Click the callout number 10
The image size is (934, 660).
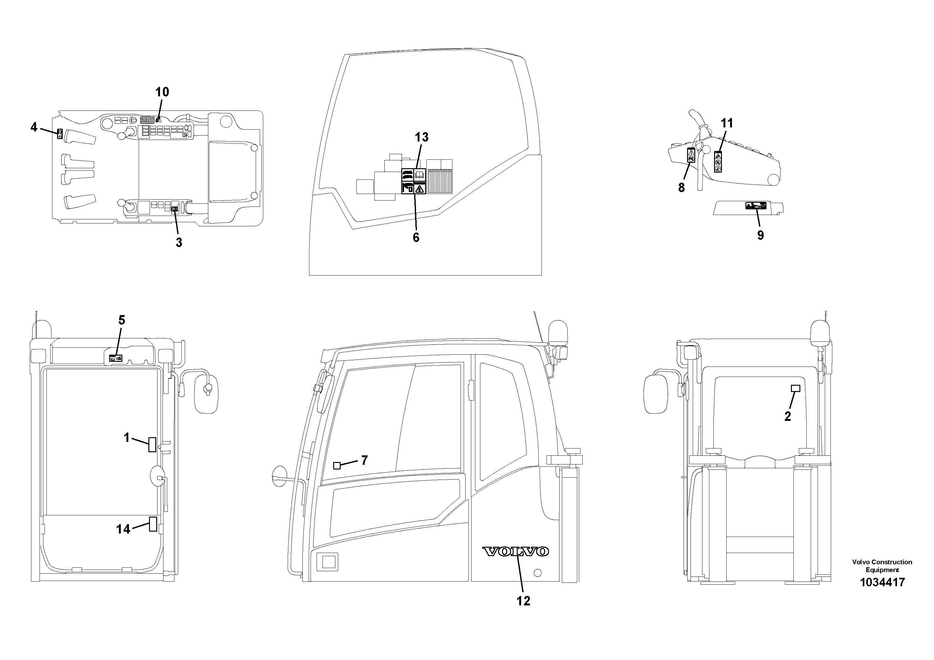(x=162, y=92)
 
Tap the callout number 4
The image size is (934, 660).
(x=34, y=127)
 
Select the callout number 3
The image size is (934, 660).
(x=179, y=243)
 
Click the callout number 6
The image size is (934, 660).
(x=416, y=238)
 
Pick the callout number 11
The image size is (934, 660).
(x=727, y=123)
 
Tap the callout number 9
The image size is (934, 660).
(x=760, y=235)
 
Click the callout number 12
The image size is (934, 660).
(x=523, y=601)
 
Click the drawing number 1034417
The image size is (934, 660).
(x=882, y=582)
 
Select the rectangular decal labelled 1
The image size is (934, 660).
(x=152, y=444)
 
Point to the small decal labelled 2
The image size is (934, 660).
(x=795, y=389)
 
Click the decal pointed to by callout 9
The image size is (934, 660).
(x=756, y=206)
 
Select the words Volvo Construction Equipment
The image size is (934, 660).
(x=882, y=566)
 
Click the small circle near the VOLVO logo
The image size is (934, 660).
(x=537, y=573)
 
